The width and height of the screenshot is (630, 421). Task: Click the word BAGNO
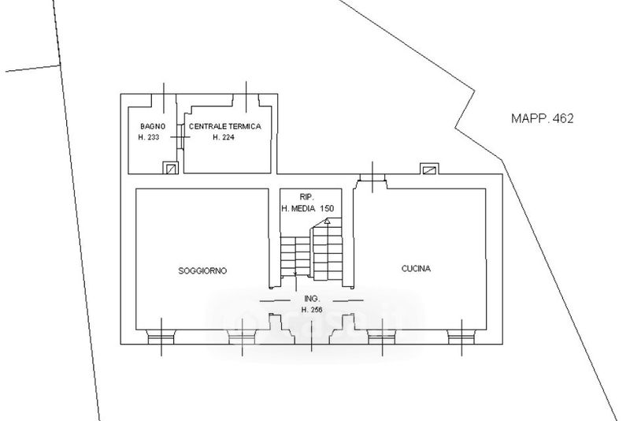(152, 126)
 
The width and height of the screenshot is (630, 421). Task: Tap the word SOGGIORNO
(202, 270)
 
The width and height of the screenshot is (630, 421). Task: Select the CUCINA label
(416, 269)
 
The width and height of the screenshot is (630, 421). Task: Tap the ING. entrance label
(310, 299)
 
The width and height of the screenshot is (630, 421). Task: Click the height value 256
(315, 308)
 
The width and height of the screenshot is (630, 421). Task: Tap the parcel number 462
(561, 119)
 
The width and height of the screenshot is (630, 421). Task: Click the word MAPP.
(529, 119)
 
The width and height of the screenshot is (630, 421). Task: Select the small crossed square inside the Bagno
(170, 167)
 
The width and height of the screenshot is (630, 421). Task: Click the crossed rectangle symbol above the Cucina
(429, 169)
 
